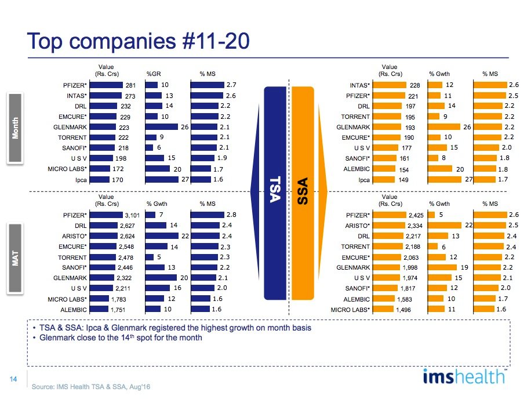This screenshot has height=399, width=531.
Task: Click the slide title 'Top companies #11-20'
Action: point(139,41)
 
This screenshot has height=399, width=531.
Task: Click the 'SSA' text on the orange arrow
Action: point(302,190)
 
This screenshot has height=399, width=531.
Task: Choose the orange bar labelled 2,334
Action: point(395,226)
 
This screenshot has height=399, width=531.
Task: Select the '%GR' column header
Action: point(154,74)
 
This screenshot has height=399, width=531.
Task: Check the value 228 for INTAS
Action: point(414,85)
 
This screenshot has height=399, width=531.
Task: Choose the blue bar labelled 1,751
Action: point(101,310)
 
